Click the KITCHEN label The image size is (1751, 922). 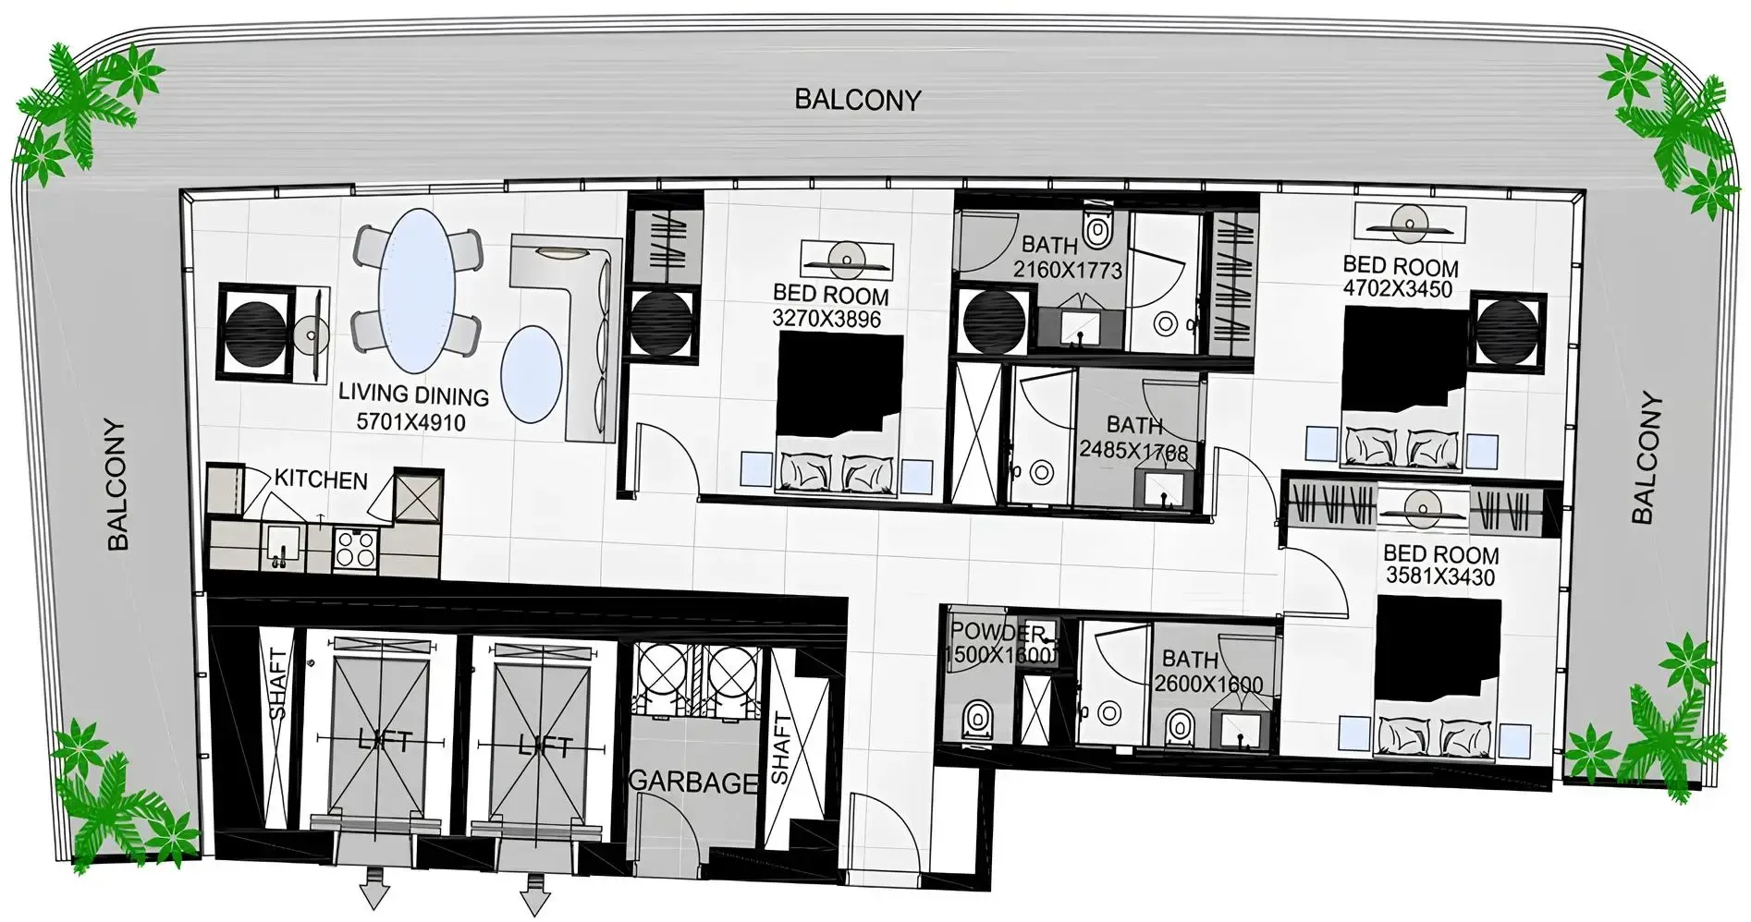[x=321, y=479]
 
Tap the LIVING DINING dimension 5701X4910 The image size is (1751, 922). [x=410, y=422]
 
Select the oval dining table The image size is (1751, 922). [x=417, y=278]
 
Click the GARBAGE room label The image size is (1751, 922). [x=693, y=782]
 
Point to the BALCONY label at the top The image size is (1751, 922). [x=858, y=100]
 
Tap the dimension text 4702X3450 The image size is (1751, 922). [x=1398, y=289]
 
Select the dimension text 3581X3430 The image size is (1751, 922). [x=1440, y=576]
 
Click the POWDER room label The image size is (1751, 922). [x=998, y=633]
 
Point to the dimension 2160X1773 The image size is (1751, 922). [x=1067, y=270]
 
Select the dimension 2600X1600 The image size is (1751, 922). [x=1207, y=684]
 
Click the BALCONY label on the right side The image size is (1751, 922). [x=1645, y=459]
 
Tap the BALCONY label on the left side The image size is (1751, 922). [x=117, y=485]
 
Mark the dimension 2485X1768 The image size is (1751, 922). [x=1133, y=450]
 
